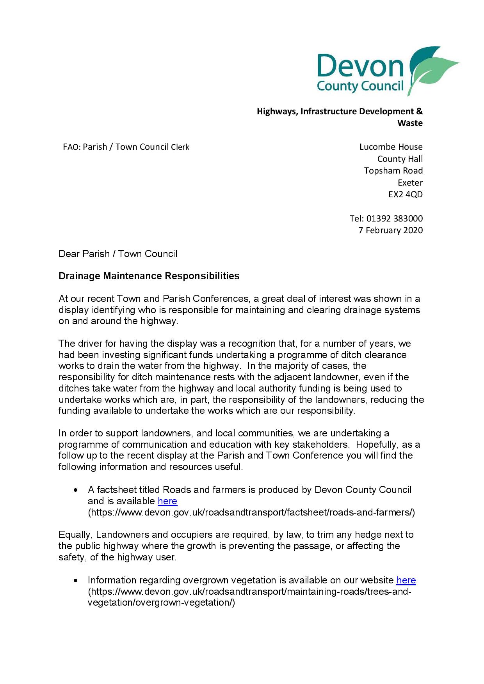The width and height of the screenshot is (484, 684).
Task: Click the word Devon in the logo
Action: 360,66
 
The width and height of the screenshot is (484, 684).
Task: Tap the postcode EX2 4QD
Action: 405,194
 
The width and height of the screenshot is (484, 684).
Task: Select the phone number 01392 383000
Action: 394,218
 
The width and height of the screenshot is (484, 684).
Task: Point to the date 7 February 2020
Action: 390,230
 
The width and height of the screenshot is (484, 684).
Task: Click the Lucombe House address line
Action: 391,147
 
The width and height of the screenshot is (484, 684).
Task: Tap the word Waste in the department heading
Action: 410,123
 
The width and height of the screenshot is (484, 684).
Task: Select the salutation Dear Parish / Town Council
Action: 118,254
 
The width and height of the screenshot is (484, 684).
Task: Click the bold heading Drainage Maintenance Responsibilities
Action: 149,276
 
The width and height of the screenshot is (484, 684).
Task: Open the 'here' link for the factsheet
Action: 167,501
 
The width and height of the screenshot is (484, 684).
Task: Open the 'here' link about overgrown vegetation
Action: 406,580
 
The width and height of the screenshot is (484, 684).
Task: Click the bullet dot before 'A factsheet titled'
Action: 76,490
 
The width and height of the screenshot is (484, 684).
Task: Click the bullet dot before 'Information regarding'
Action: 76,581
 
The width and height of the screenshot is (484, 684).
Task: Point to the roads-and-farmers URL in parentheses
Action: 251,512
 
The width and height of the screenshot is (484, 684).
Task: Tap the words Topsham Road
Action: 393,171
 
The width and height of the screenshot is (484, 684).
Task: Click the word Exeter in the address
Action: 410,183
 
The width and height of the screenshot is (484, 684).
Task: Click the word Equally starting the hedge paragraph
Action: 75,535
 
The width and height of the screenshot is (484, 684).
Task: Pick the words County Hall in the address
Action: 400,159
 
